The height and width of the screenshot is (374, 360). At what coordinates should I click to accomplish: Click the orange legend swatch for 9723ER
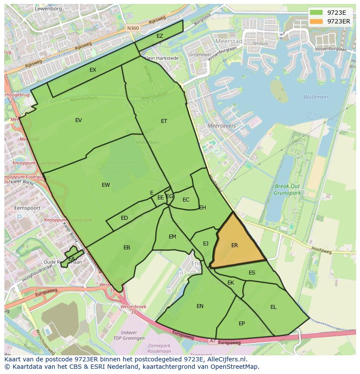[317, 21]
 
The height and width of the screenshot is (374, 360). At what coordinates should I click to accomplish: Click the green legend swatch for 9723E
[317, 13]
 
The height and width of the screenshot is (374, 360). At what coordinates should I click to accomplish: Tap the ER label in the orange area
[235, 245]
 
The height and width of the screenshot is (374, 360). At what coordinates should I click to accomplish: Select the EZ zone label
[160, 36]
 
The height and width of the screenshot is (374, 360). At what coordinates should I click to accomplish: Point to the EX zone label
[93, 70]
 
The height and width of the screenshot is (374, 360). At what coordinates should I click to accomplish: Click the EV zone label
[78, 120]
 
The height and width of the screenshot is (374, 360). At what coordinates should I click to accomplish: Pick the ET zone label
[164, 121]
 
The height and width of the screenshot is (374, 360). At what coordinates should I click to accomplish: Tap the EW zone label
[106, 185]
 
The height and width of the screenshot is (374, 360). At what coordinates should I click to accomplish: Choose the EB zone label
[127, 248]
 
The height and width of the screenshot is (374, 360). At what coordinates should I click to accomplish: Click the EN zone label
[200, 306]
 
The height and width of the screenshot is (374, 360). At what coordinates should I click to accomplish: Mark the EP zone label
[242, 324]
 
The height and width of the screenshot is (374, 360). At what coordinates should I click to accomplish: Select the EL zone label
[273, 307]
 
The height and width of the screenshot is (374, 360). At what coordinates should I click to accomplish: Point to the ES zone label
[252, 273]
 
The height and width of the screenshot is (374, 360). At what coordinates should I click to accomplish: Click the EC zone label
[186, 200]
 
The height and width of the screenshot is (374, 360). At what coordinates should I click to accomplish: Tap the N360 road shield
[133, 28]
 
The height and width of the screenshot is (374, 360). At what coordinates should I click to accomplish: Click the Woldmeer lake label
[316, 97]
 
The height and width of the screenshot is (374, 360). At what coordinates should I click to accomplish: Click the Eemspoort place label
[27, 208]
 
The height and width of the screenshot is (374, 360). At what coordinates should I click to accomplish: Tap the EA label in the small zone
[71, 259]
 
